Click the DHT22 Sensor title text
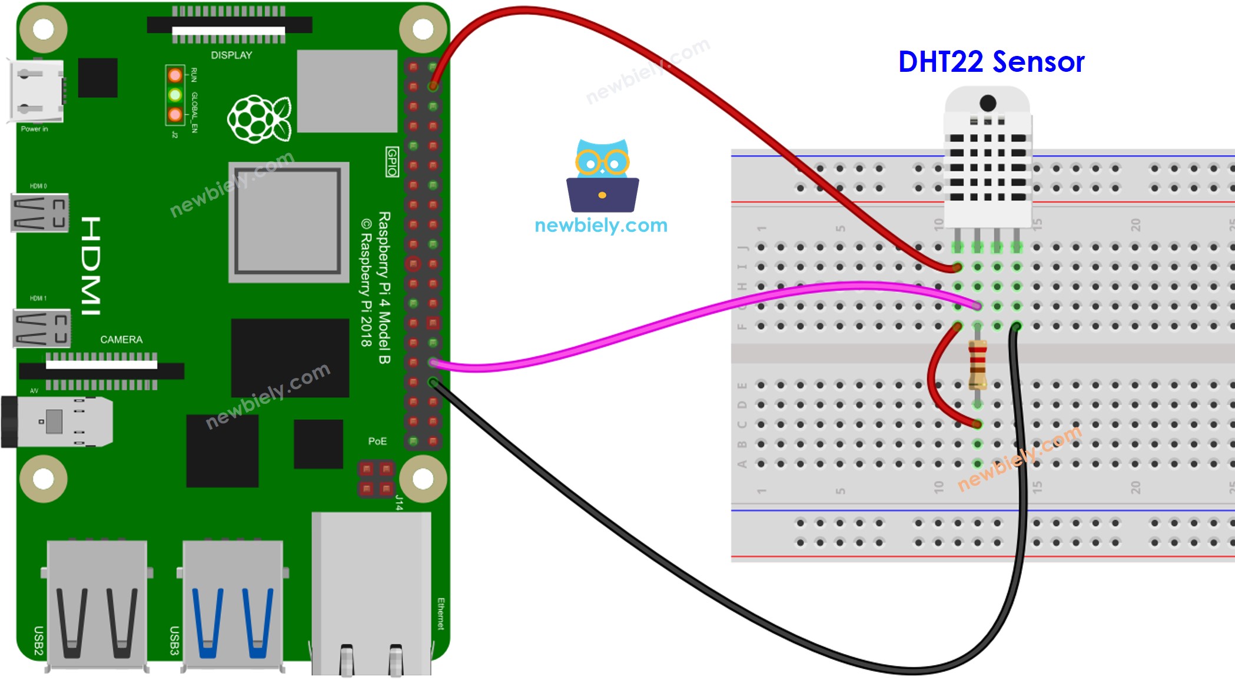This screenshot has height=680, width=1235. point(991,62)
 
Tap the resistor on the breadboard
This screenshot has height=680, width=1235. point(977,365)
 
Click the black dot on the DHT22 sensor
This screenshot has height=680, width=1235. point(988,103)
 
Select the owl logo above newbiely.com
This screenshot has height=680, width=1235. point(602,176)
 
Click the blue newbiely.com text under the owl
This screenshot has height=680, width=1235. point(601,225)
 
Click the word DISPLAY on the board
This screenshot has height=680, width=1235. point(231,55)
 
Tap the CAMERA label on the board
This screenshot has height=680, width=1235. point(121,340)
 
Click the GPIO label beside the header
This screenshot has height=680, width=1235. point(392,162)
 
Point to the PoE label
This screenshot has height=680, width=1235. point(377,441)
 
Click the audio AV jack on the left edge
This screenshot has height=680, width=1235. point(56,422)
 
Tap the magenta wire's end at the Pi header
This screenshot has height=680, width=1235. point(434,363)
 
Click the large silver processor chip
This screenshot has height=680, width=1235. point(288,222)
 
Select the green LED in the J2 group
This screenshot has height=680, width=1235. point(175,94)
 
